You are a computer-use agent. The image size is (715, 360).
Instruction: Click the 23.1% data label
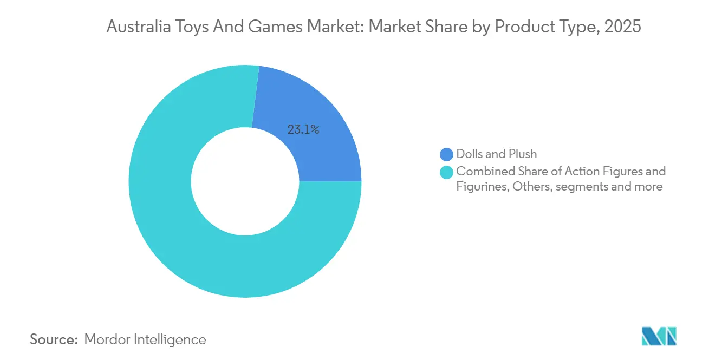[303, 129]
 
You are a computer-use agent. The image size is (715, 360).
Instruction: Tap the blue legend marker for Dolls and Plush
[446, 154]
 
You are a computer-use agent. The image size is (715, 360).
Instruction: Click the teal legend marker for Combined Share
[446, 172]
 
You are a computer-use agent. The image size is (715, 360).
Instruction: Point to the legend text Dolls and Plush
[496, 154]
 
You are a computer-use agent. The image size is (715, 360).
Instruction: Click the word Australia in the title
[139, 26]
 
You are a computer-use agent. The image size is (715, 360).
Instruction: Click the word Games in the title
[276, 26]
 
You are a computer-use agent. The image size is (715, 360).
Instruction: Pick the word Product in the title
[525, 26]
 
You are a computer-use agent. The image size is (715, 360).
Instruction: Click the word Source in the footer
[54, 339]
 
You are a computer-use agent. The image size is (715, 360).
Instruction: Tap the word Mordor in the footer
[107, 339]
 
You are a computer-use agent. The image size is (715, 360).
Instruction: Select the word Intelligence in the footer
[170, 340]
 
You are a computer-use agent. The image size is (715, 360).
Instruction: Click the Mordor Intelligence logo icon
[659, 336]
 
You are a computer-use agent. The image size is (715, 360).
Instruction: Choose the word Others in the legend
[532, 187]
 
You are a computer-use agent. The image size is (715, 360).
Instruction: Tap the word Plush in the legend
[523, 154]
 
